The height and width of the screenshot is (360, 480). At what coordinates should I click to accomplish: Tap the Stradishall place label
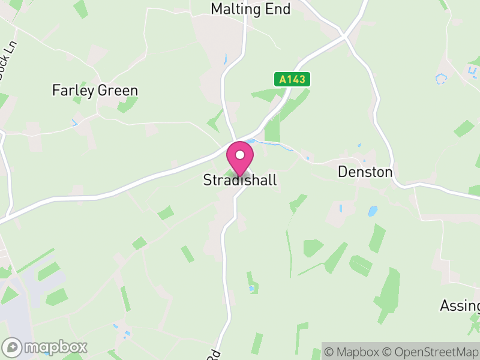pos(240,180)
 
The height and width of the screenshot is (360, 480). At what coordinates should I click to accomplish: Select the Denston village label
pos(365,172)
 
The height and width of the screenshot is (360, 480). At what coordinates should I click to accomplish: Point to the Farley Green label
pos(95,91)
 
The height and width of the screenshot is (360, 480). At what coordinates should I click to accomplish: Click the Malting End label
pos(251,9)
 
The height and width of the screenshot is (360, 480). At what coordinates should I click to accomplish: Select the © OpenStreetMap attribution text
pos(430,352)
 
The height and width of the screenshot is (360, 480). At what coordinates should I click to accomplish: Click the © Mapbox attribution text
pos(352,352)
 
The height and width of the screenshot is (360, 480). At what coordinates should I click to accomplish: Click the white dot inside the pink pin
pos(240,155)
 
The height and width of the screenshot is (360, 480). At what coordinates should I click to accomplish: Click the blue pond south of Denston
pos(373,211)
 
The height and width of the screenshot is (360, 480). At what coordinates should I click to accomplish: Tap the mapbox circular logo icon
pos(12,347)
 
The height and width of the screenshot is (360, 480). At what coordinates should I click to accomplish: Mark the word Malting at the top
pos(236,9)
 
